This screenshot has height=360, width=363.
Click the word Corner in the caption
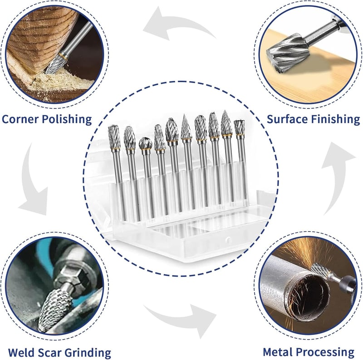tap(20, 119)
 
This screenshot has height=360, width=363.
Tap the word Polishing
tap(67, 119)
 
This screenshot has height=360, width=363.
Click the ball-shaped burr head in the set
tap(145, 143)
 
